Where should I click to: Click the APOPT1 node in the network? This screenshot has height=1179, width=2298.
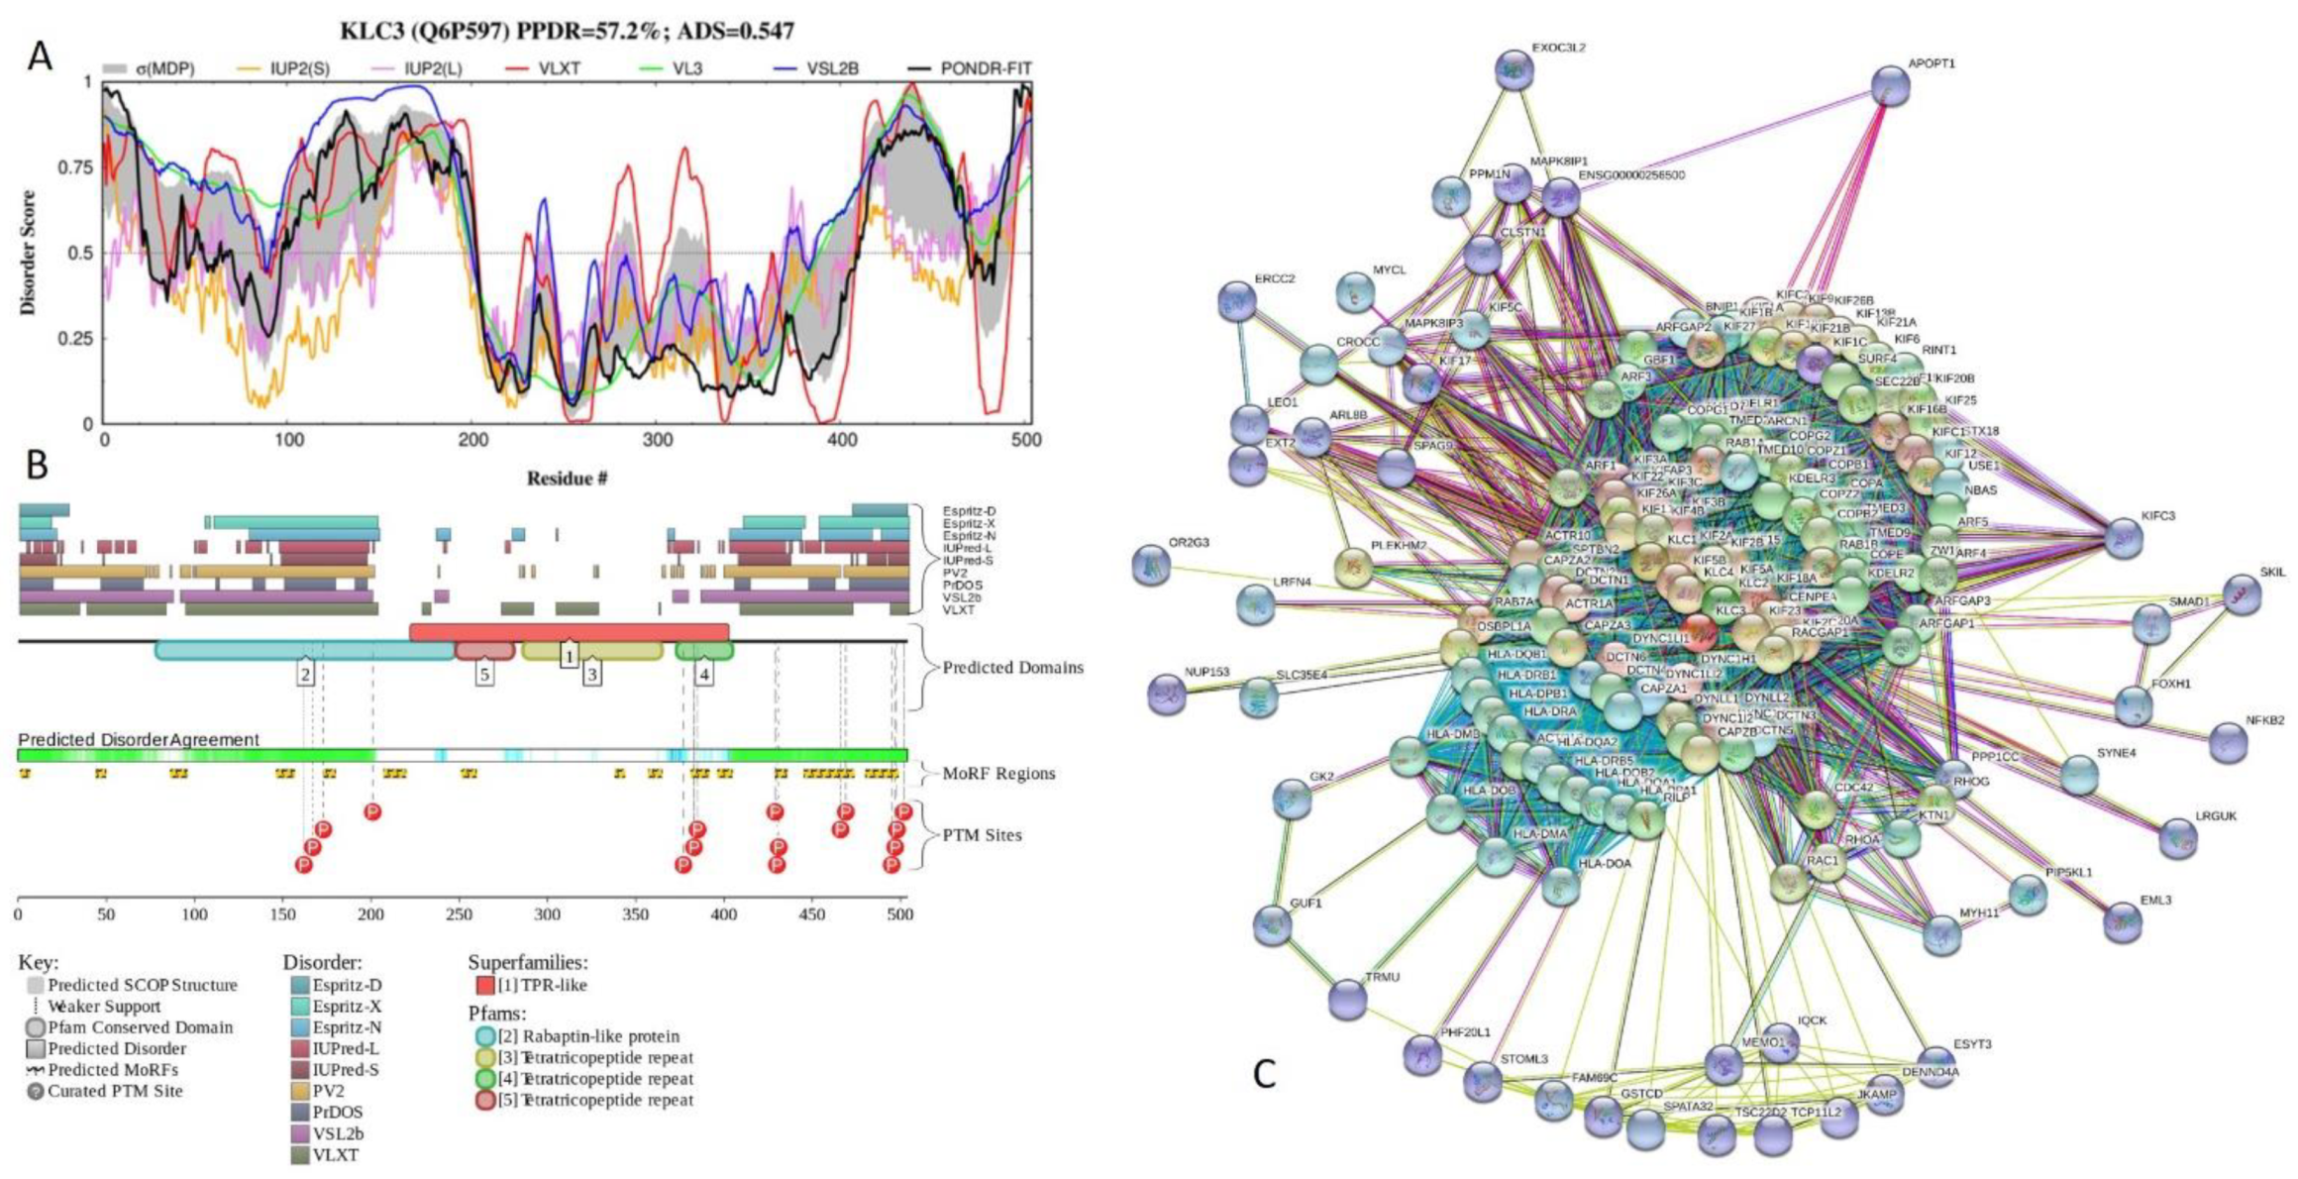pos(1891,86)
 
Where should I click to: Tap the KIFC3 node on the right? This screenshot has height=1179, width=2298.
pos(2124,537)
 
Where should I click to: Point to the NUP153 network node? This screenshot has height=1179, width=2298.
pos(1167,693)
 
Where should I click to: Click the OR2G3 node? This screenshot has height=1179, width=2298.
pos(1151,565)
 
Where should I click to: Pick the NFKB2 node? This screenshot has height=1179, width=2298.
pos(2229,742)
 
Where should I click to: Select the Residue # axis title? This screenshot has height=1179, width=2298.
pos(567,479)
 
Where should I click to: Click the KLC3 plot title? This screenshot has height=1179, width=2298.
pos(567,32)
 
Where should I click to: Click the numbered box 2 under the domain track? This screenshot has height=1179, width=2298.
pos(306,675)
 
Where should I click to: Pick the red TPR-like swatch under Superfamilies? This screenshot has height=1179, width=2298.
pos(484,985)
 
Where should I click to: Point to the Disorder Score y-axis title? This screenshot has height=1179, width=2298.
pos(28,253)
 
